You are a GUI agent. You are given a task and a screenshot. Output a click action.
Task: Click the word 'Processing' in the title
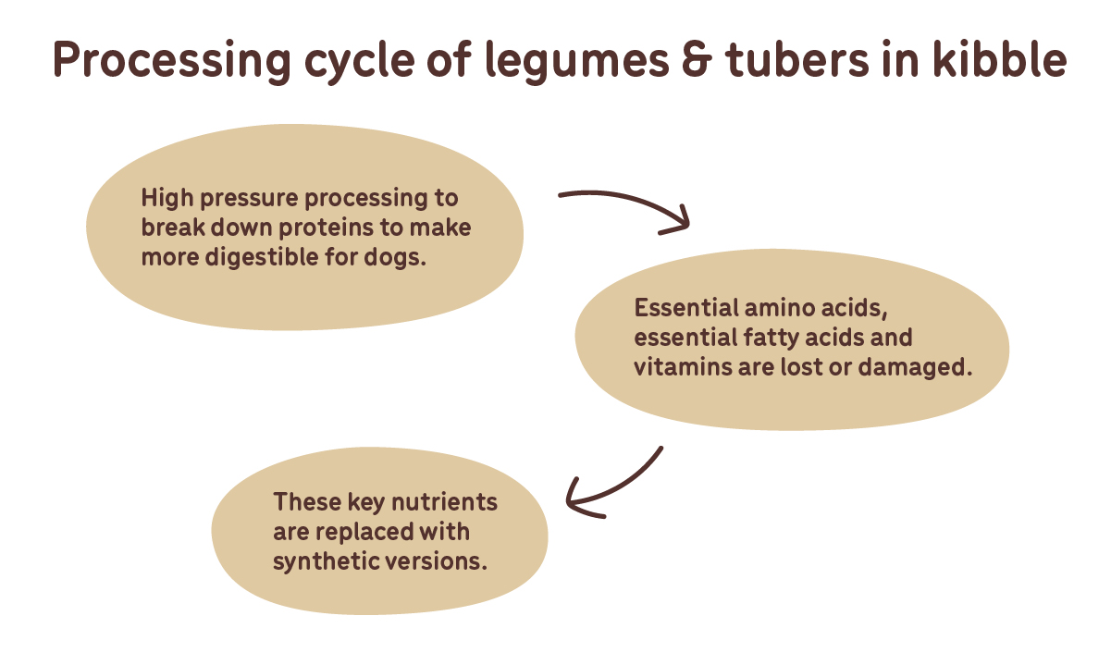[172, 61]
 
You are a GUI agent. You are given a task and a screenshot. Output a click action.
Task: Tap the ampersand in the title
[697, 60]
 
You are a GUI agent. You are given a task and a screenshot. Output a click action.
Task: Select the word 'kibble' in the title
[1000, 59]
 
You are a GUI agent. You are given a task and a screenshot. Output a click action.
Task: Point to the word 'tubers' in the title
[797, 59]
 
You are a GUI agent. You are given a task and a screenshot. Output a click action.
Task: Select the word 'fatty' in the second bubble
[771, 339]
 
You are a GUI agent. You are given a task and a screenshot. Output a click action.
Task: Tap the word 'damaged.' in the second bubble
[916, 368]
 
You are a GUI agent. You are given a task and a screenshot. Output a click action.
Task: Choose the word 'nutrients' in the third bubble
[444, 502]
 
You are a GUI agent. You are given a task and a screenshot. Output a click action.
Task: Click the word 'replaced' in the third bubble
[364, 533]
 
